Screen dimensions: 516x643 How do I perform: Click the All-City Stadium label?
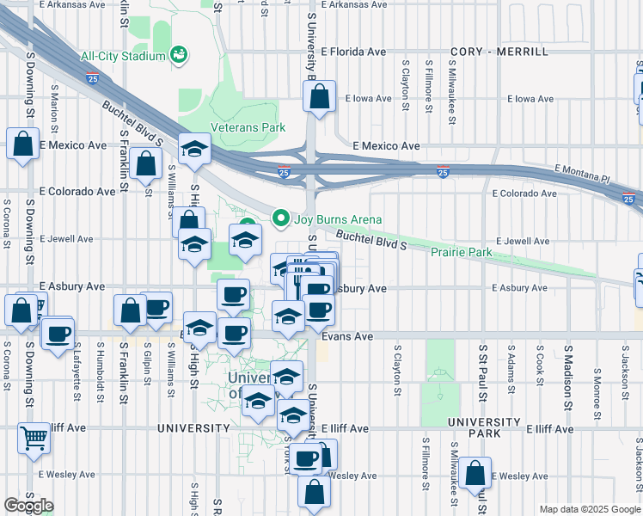[x=122, y=57]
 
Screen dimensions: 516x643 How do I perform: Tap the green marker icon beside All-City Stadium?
[x=180, y=56]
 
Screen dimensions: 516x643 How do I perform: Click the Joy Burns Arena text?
[x=338, y=219]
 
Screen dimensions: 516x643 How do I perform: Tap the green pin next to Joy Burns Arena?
[x=280, y=218]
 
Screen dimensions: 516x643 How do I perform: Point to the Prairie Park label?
[x=462, y=252]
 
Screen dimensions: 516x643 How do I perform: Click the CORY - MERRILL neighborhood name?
[x=499, y=52]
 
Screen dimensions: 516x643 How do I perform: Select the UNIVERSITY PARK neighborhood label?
[x=484, y=427]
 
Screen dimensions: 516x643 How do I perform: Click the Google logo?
[x=28, y=506]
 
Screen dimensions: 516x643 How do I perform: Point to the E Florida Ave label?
[x=353, y=52]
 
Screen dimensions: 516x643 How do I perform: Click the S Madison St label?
[x=568, y=370]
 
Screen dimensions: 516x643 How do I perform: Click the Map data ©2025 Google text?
[x=589, y=509]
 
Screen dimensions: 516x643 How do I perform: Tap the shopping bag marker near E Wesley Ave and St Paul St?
[x=475, y=473]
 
